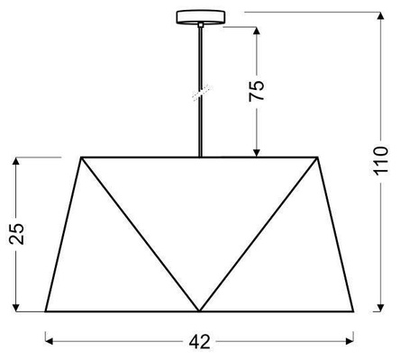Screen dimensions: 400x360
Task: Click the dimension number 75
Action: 256,91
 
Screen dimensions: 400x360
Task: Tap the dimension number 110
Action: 380,159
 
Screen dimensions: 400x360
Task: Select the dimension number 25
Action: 16,234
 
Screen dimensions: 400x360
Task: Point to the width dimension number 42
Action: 200,341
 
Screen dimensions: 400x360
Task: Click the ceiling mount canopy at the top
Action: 200,17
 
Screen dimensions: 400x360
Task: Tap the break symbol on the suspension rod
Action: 202,93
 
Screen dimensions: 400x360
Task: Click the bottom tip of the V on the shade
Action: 199,311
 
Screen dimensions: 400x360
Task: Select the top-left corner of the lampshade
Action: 81,157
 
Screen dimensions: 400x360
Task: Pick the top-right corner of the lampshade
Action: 318,157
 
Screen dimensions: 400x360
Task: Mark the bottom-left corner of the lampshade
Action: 46,311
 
